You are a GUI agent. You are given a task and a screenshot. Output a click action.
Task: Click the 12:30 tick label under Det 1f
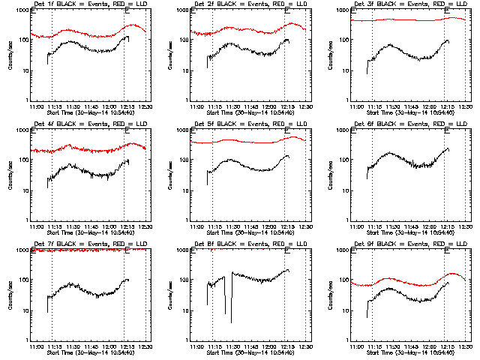pos(146,107)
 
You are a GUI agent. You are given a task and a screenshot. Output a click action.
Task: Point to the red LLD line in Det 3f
pos(405,20)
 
